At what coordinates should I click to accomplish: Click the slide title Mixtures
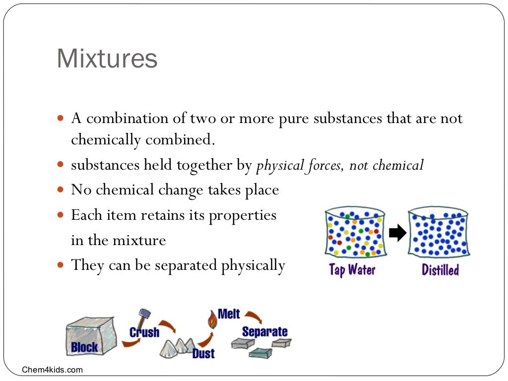[107, 59]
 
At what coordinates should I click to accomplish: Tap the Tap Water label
[352, 270]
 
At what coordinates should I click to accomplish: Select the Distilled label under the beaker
[440, 270]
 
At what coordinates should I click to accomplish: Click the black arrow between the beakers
[397, 233]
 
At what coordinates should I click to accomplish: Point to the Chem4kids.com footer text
[53, 370]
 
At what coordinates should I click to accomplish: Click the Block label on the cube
[84, 347]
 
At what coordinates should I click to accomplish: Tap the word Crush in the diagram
[144, 332]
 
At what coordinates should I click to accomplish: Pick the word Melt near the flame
[229, 314]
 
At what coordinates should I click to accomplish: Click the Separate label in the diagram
[264, 331]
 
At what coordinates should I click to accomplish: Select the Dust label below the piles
[203, 353]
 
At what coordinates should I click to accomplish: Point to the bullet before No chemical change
[62, 190]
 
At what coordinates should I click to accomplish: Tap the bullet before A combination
[62, 119]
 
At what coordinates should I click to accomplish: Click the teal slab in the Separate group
[260, 353]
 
